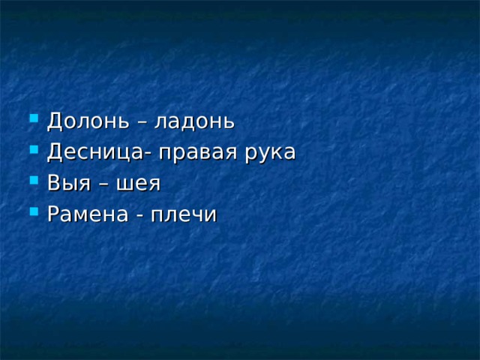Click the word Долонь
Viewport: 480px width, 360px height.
(x=88, y=121)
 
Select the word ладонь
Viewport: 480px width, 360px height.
(x=194, y=121)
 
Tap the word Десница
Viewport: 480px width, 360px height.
(x=95, y=153)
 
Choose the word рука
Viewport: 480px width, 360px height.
(x=270, y=154)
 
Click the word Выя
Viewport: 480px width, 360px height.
(x=69, y=184)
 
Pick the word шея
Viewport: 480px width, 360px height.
(x=139, y=184)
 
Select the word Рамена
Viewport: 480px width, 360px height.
(x=88, y=214)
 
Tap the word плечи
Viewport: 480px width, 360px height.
(x=184, y=214)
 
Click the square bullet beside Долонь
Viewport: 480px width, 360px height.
(x=34, y=118)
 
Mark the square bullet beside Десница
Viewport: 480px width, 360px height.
(x=34, y=149)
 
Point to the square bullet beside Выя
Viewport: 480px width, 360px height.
(x=34, y=180)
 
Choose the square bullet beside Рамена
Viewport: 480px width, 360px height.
(x=34, y=211)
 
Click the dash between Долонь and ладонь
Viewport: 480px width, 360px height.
(x=142, y=124)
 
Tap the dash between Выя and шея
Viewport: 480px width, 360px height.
(x=103, y=185)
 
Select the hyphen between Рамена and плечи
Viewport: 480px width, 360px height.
(x=139, y=217)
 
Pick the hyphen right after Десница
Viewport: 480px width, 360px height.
(x=147, y=155)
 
